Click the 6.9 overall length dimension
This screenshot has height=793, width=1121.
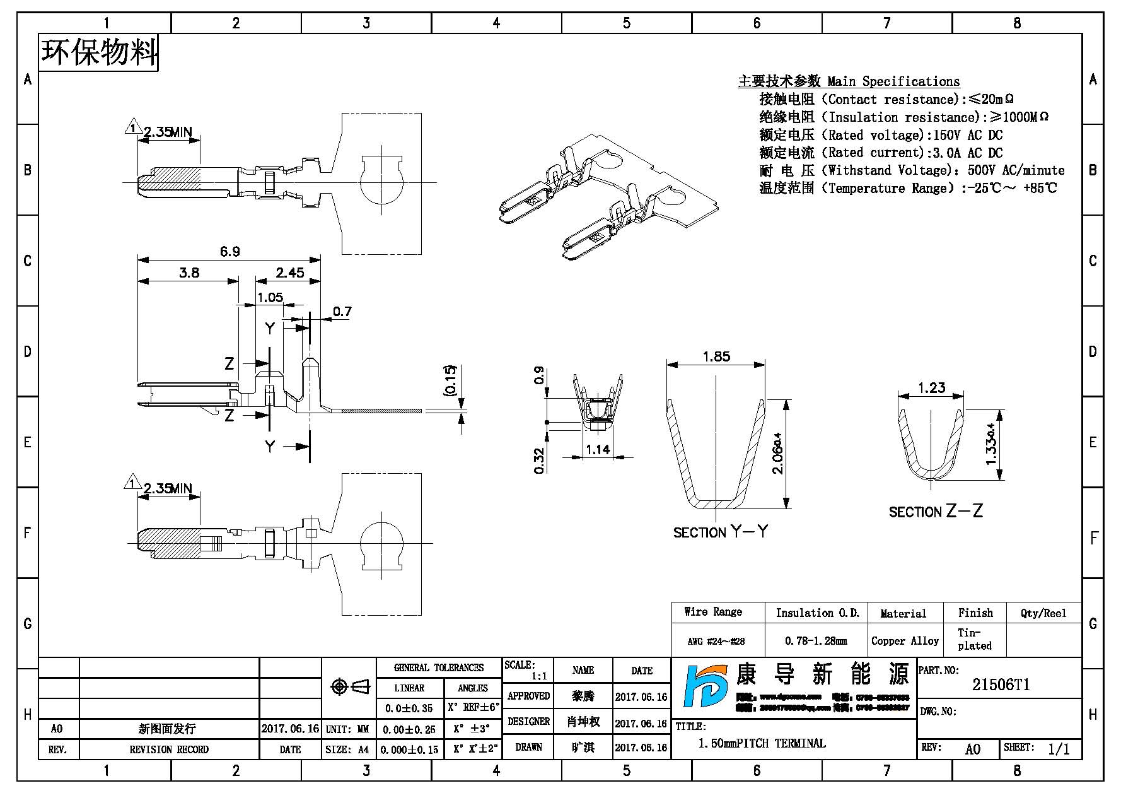click(229, 252)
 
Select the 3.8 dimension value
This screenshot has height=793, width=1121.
click(189, 273)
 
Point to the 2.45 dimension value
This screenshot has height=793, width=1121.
click(289, 273)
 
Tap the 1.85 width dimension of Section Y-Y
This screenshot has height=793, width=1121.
click(716, 356)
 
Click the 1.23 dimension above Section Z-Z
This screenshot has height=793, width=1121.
click(931, 387)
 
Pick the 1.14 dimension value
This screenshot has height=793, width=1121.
click(598, 449)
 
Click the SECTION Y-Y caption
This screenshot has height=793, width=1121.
click(721, 532)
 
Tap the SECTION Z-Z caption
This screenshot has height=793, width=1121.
click(936, 511)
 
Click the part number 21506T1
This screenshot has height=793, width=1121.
click(1001, 685)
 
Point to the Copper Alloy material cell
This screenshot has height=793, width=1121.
click(905, 641)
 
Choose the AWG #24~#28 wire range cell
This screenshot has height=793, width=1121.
click(716, 642)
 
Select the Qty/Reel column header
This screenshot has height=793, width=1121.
click(1043, 613)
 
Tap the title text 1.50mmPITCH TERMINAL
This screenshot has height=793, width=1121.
click(762, 743)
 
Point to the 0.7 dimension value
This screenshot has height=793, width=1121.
click(342, 312)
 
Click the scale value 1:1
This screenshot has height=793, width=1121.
click(539, 676)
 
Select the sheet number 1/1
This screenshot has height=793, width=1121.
click(1059, 749)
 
